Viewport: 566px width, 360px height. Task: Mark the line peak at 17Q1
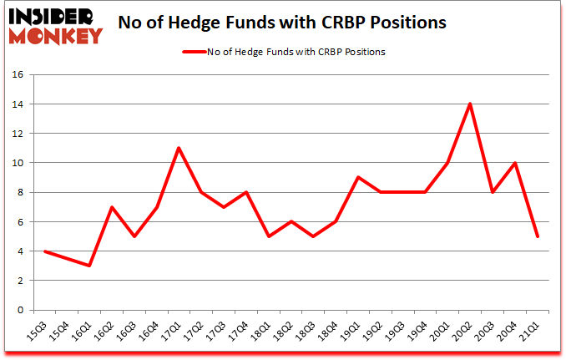tap(179, 148)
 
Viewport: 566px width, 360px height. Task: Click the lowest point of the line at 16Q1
tap(89, 266)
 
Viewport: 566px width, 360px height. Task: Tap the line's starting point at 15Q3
tap(45, 251)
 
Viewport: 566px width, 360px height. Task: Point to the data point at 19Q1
tap(358, 177)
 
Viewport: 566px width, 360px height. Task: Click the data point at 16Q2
tap(112, 207)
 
